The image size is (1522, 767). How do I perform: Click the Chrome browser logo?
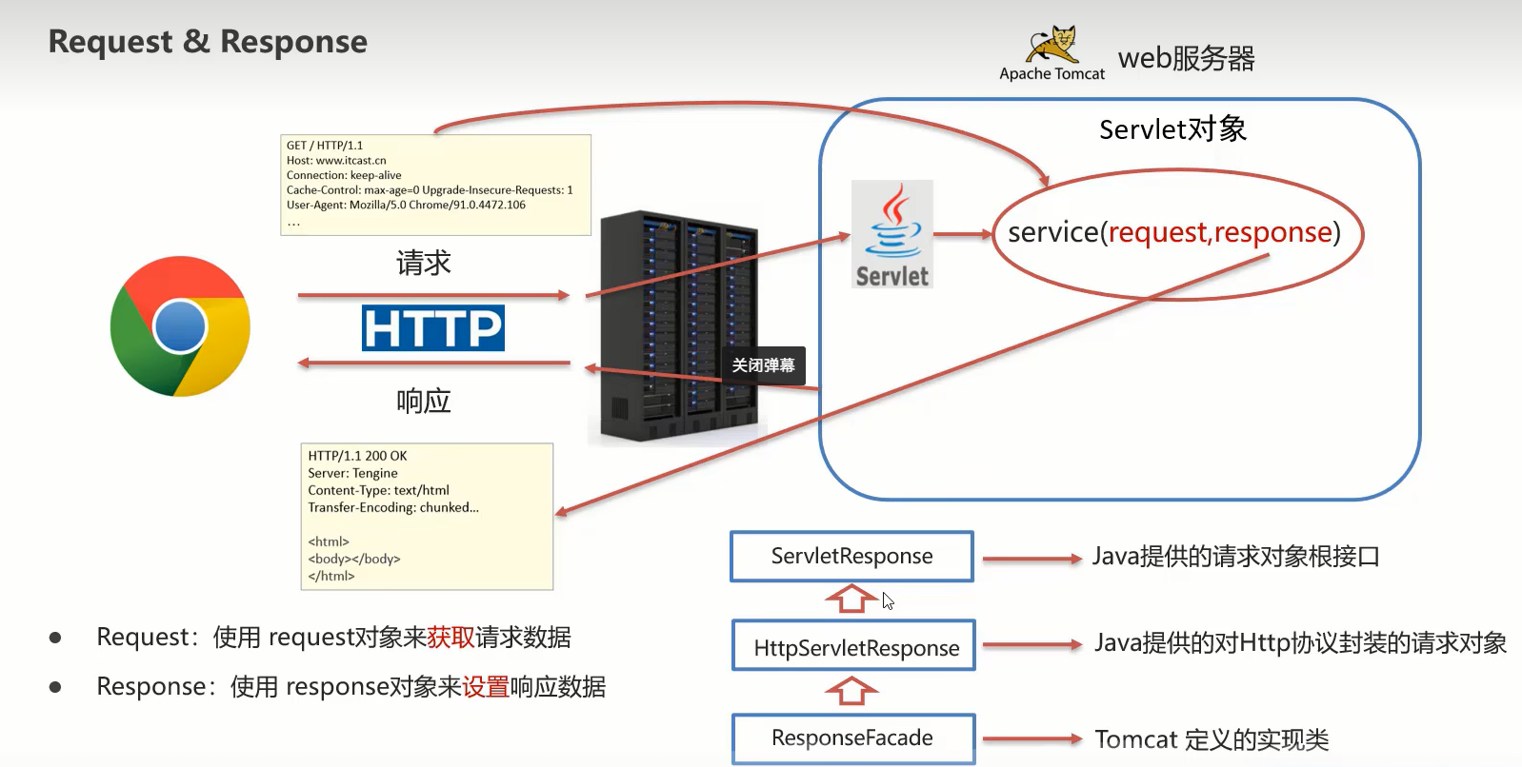click(180, 326)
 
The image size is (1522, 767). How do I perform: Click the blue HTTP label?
click(433, 328)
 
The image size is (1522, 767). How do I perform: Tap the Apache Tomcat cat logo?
click(1051, 45)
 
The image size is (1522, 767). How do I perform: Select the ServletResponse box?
click(851, 557)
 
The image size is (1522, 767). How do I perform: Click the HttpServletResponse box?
click(854, 646)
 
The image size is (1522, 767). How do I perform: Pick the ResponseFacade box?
click(853, 738)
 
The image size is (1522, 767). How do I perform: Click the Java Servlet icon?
click(891, 234)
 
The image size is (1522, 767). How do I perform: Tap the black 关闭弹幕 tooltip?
click(763, 365)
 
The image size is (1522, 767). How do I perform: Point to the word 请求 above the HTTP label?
click(424, 264)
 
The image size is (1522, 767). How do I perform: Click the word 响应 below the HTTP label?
click(424, 401)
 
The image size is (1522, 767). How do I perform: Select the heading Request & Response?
click(208, 42)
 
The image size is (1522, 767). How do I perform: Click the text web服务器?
click(1186, 58)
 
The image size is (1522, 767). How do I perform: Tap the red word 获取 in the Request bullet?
click(451, 637)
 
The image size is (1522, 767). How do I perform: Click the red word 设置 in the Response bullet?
click(486, 686)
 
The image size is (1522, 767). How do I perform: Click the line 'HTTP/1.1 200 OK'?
click(357, 456)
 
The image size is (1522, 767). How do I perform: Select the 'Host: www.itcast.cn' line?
click(336, 161)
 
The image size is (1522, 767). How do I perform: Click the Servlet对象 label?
click(1172, 129)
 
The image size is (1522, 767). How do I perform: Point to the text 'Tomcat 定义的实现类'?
click(1212, 739)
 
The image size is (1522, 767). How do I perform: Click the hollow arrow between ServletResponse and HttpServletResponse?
click(851, 599)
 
